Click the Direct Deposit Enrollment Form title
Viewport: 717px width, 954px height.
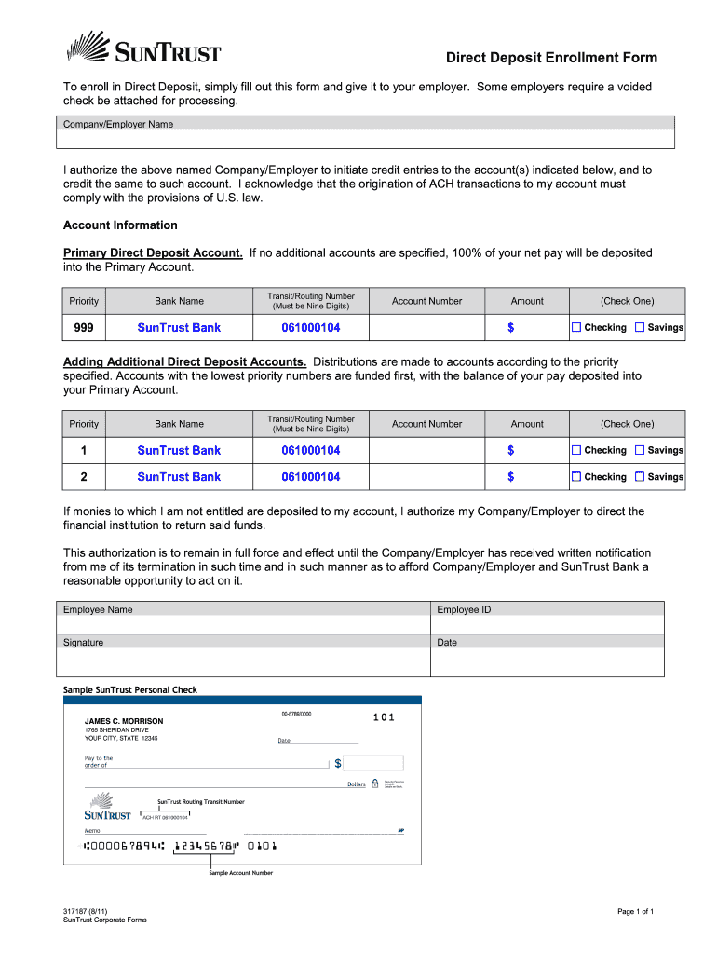(550, 58)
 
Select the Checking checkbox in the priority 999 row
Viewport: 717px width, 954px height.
(576, 327)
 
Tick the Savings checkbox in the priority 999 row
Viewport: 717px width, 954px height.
(640, 327)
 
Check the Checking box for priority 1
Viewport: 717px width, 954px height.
(576, 450)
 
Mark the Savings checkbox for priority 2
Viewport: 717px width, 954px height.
(640, 476)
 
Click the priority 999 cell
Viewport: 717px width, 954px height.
(84, 327)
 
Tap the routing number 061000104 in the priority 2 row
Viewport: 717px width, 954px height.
(311, 476)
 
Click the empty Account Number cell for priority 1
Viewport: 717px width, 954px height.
(426, 450)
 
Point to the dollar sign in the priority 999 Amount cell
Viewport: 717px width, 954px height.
(510, 328)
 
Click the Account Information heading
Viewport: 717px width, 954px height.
(120, 225)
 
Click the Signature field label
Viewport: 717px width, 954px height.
(83, 643)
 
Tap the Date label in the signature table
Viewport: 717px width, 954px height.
(447, 643)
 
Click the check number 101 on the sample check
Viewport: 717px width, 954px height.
(384, 717)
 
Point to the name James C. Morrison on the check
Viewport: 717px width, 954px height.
(124, 721)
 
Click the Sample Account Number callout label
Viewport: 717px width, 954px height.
(240, 873)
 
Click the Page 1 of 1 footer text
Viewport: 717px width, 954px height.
(635, 911)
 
